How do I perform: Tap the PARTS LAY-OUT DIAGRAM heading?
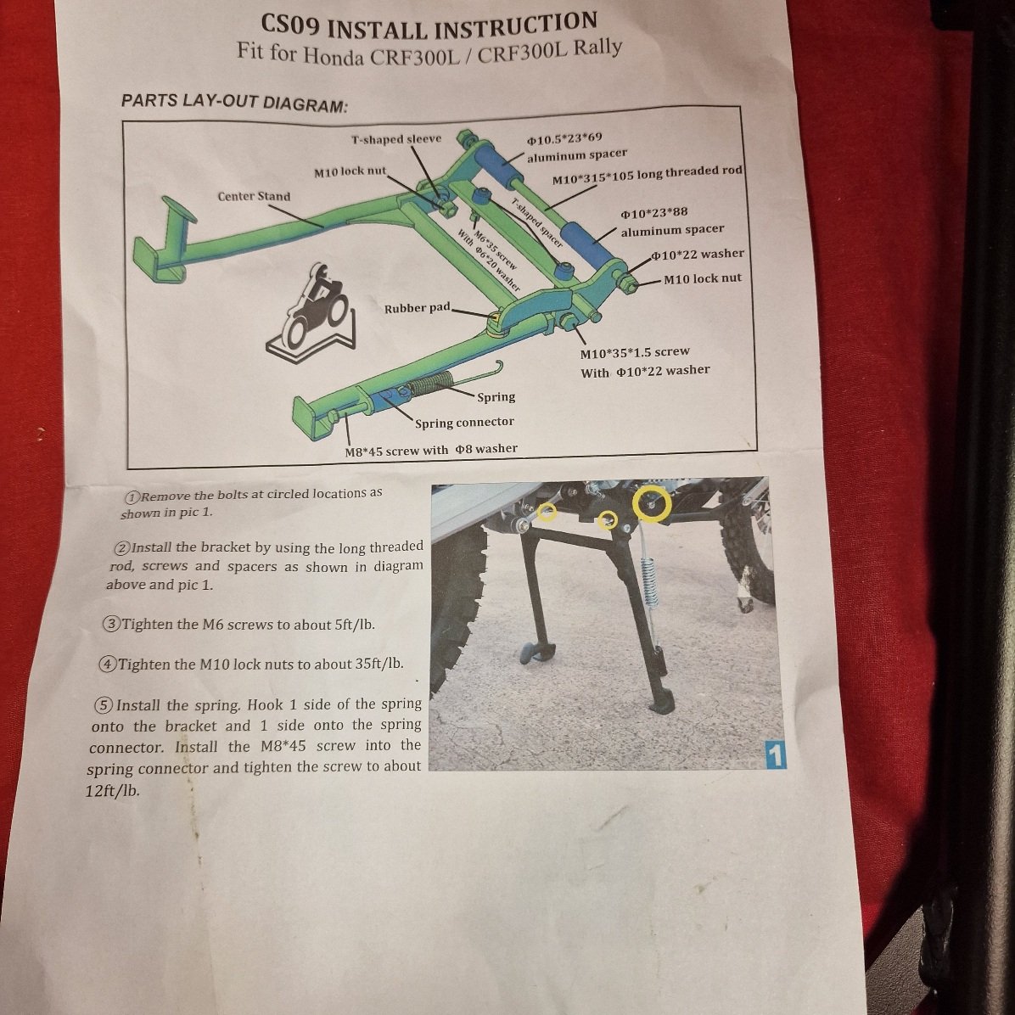coord(234,103)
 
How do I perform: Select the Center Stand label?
coord(254,196)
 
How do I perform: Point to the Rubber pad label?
coord(417,308)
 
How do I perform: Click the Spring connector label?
coord(464,423)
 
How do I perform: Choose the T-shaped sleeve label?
coord(396,139)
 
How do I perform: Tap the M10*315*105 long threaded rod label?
coord(647,175)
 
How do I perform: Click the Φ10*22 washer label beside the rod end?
coord(698,255)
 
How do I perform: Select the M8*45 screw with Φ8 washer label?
coord(431,450)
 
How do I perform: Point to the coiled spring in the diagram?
coord(429,384)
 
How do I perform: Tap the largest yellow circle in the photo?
coord(652,502)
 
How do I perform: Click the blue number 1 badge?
coord(777,755)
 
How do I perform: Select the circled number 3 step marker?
coord(112,625)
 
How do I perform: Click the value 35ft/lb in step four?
coord(379,664)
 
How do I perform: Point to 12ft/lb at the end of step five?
coord(112,791)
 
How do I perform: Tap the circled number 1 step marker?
coord(132,497)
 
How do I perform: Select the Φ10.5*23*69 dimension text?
coord(564,138)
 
